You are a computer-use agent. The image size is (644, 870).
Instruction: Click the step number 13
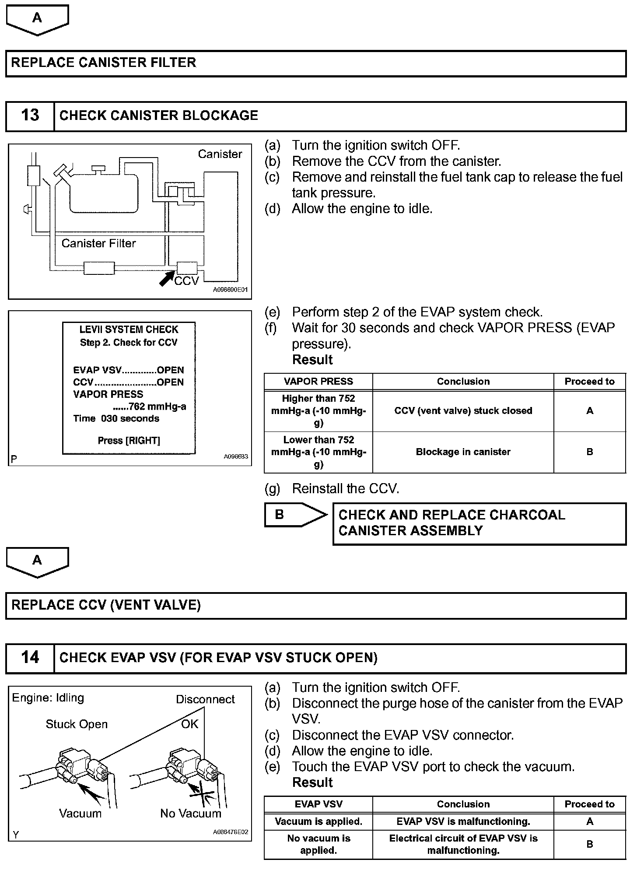(x=30, y=116)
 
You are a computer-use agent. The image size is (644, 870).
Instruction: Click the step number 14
(x=30, y=657)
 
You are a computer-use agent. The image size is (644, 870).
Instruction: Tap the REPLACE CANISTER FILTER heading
(x=104, y=63)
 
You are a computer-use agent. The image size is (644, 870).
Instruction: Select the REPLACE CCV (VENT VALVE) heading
(x=106, y=605)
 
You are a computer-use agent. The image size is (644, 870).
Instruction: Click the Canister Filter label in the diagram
(x=98, y=243)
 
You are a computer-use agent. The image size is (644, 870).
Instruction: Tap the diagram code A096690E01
(x=230, y=290)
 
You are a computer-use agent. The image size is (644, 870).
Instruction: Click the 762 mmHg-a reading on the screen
(x=149, y=407)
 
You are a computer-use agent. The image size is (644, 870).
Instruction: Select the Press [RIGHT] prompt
(x=129, y=441)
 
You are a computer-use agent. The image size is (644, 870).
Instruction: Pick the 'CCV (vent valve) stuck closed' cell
(x=463, y=411)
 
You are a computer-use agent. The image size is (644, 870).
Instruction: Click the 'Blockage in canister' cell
(x=463, y=452)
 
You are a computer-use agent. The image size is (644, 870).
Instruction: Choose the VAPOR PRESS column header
(x=318, y=382)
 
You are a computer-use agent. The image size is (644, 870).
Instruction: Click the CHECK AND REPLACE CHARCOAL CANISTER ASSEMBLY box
(x=479, y=523)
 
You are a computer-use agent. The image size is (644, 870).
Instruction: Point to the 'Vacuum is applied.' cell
(x=318, y=822)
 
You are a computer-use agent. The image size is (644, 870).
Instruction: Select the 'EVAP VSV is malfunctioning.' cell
(x=463, y=822)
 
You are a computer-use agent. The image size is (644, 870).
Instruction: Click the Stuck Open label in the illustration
(x=77, y=724)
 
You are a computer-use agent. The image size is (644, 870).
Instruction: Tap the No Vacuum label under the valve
(x=191, y=814)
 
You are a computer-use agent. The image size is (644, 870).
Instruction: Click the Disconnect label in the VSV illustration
(x=205, y=699)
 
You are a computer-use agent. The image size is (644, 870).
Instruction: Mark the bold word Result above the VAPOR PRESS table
(x=312, y=360)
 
